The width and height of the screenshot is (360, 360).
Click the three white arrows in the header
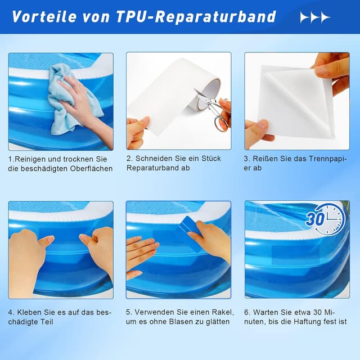(x=315, y=17)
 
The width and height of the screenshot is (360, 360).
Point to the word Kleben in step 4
(x=30, y=312)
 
